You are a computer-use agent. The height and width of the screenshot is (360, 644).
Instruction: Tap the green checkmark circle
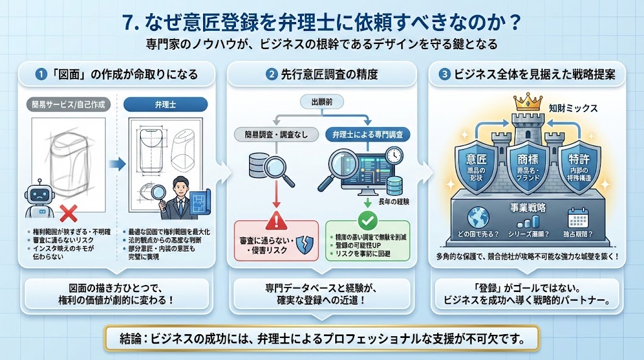click(367, 220)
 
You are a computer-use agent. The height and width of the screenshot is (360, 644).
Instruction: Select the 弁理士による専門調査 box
click(367, 134)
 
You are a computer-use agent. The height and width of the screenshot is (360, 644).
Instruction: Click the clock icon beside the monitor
click(394, 155)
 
